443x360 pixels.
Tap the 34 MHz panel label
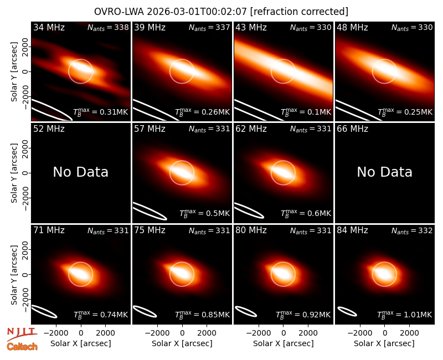pos(49,27)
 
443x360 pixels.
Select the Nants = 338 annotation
pos(108,27)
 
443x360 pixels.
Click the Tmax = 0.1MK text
pos(306,112)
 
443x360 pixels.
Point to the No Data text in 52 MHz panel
pos(80,172)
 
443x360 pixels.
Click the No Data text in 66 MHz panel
pos(384,172)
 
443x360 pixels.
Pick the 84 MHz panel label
pos(352,230)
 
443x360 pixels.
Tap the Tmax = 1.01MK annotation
pos(405,315)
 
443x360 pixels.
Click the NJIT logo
pos(22,333)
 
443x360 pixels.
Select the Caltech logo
pos(22,347)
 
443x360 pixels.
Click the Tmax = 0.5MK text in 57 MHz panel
pos(204,213)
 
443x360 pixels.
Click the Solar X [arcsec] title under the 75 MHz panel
pos(182,343)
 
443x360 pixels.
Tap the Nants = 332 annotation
pos(412,231)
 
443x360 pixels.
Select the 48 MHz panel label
pos(352,27)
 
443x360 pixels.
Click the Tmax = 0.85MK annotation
pos(202,315)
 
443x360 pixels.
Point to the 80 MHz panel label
pos(251,230)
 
